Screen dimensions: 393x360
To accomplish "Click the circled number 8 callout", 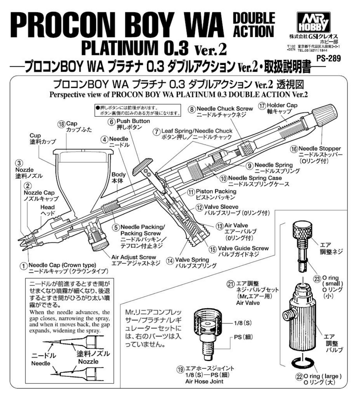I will tap(192, 109).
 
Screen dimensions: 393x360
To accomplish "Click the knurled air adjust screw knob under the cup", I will tap(97, 243).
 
